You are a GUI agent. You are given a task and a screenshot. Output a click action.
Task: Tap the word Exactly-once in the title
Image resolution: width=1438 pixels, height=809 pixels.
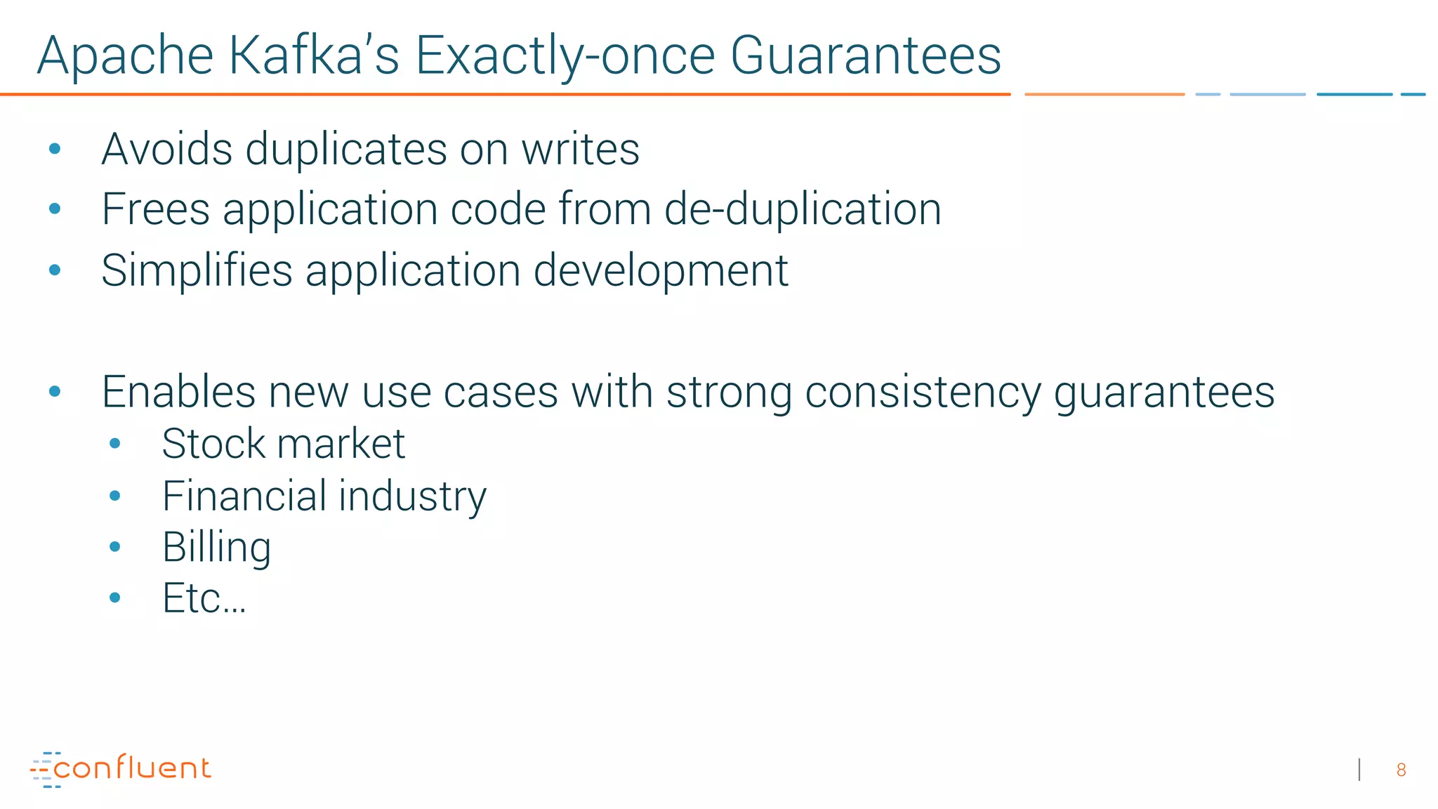pyautogui.click(x=565, y=56)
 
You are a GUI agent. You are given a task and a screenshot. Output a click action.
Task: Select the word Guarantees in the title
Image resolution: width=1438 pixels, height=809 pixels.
pyautogui.click(x=865, y=56)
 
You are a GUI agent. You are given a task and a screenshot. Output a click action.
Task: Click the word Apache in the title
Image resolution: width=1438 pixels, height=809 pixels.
pyautogui.click(x=125, y=56)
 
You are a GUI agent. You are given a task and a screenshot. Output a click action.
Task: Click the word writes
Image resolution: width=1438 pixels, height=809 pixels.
pyautogui.click(x=580, y=149)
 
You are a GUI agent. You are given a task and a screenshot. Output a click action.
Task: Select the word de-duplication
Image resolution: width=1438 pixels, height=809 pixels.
pyautogui.click(x=802, y=209)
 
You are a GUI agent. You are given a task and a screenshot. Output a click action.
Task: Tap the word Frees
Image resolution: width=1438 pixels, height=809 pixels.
pyautogui.click(x=156, y=209)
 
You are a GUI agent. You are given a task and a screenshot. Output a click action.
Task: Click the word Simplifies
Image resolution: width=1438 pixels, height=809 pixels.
pyautogui.click(x=197, y=271)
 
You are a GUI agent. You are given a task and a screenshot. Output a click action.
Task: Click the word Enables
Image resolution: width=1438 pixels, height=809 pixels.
pyautogui.click(x=178, y=392)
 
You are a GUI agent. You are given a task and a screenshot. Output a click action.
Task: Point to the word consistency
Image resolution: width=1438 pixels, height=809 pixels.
pyautogui.click(x=923, y=393)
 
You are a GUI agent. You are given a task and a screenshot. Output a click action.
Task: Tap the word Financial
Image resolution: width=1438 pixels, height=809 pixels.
pyautogui.click(x=244, y=496)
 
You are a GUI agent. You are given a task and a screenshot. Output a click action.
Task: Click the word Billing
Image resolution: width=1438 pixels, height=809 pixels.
pyautogui.click(x=216, y=548)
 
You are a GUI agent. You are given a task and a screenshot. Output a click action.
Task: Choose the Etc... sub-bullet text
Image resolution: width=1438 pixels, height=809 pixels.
pyautogui.click(x=204, y=598)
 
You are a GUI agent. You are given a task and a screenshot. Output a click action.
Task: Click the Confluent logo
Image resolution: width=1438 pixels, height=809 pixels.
pyautogui.click(x=120, y=769)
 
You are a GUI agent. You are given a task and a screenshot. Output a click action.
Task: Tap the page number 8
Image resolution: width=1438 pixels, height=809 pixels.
pyautogui.click(x=1401, y=770)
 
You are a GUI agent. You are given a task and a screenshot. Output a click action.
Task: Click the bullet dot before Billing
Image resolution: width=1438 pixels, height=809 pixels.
pyautogui.click(x=115, y=546)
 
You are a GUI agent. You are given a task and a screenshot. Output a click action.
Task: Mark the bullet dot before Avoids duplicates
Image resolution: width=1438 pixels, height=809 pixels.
pyautogui.click(x=55, y=148)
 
